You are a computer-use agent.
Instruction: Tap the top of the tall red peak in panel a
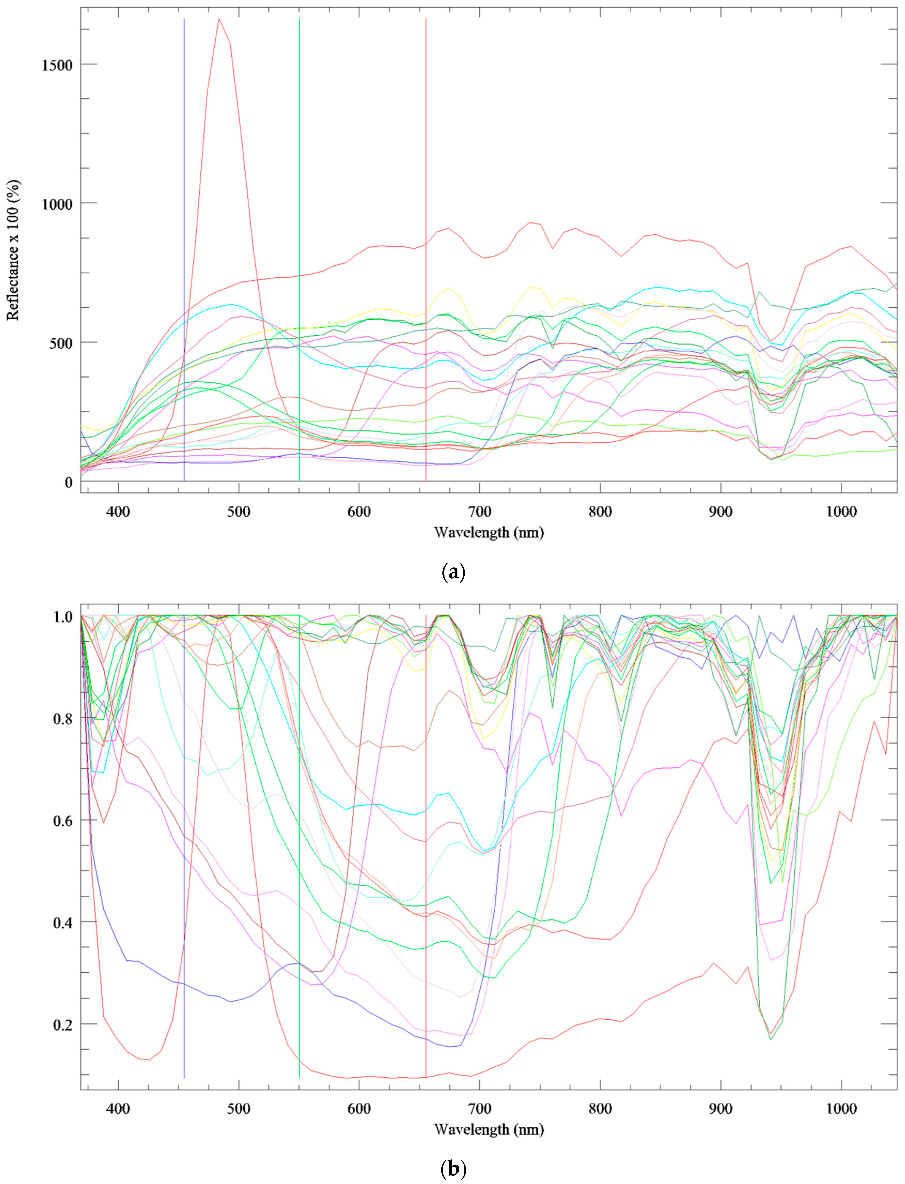tap(219, 19)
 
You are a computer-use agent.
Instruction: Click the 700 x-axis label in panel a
tap(479, 511)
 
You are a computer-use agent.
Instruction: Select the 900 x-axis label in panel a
tap(721, 511)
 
